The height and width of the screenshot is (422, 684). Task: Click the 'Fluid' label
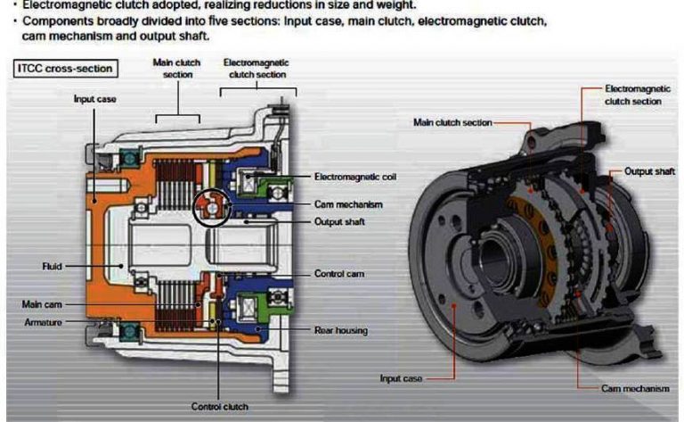click(x=50, y=265)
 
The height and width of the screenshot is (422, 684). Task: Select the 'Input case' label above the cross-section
click(x=94, y=99)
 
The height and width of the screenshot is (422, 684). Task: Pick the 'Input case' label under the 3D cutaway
click(x=401, y=378)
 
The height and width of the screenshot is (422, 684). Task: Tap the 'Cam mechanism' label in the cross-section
click(x=344, y=203)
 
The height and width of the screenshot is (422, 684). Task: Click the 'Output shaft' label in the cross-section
click(x=339, y=221)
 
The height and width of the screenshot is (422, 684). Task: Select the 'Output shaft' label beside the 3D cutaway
click(x=648, y=170)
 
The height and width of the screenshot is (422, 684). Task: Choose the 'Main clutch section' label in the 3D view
click(x=452, y=121)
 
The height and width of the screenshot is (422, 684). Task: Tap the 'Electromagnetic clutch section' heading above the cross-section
click(x=256, y=68)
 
